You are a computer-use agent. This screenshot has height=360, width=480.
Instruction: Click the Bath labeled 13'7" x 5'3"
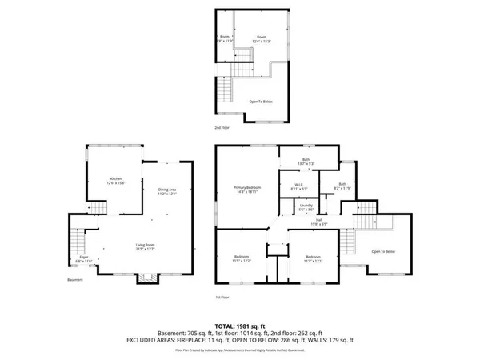click(306, 162)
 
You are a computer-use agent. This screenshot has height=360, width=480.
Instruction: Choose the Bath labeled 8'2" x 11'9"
click(342, 186)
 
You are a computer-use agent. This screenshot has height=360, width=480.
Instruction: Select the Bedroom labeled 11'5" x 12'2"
click(242, 258)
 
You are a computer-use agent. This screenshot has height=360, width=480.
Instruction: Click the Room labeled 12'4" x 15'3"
click(262, 38)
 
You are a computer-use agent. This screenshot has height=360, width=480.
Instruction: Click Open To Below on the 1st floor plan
click(383, 252)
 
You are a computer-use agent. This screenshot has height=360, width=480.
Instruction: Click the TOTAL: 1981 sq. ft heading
click(239, 326)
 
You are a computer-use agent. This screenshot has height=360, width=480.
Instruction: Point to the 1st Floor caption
click(224, 297)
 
